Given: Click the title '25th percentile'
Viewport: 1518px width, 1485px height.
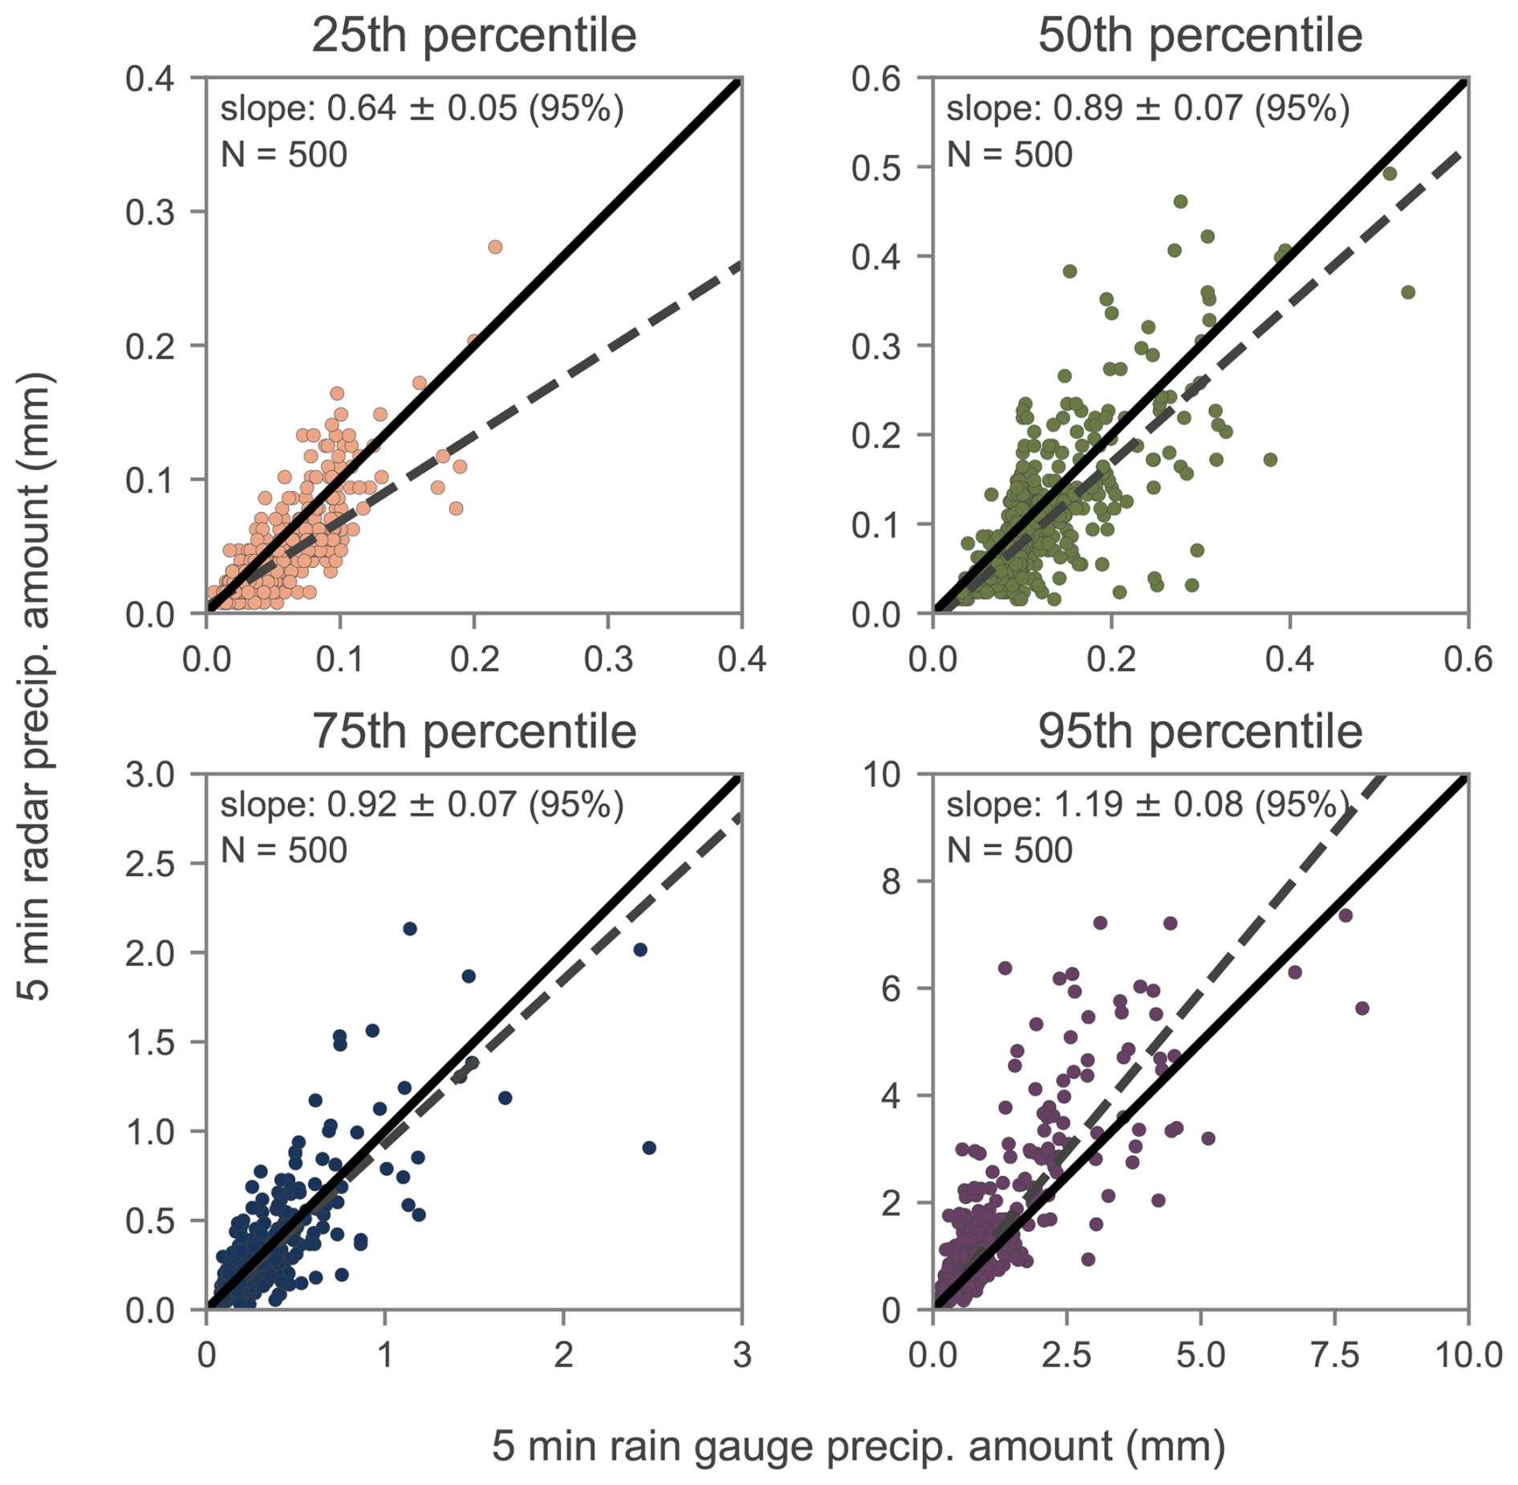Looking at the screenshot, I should pyautogui.click(x=473, y=35).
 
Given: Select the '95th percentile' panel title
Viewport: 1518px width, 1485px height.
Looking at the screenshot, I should pyautogui.click(x=1199, y=731).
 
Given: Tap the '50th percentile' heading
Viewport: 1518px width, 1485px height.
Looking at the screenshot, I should pyautogui.click(x=1199, y=35).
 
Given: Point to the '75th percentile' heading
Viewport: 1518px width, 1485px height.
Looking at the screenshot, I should pyautogui.click(x=473, y=731).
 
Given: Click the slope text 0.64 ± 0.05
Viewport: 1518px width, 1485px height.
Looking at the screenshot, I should pyautogui.click(x=421, y=108).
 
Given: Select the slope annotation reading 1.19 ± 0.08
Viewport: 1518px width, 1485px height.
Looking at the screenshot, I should pyautogui.click(x=1147, y=804).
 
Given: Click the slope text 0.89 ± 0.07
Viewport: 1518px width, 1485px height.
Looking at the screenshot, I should pyautogui.click(x=1147, y=108).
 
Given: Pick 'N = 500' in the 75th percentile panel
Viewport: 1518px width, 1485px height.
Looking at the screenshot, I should pyautogui.click(x=284, y=850).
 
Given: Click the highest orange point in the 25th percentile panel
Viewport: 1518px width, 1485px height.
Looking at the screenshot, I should pyautogui.click(x=495, y=247).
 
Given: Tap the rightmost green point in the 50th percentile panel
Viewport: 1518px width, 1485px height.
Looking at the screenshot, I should pyautogui.click(x=1407, y=293).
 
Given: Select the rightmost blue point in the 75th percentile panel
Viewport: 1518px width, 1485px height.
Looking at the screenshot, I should pyautogui.click(x=649, y=1148).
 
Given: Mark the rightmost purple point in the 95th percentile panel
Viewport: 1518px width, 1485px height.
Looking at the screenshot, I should pyautogui.click(x=1362, y=1008).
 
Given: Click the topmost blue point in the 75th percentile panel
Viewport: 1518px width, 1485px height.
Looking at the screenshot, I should pyautogui.click(x=410, y=929).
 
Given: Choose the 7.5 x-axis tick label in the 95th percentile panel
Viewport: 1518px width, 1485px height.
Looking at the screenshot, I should pyautogui.click(x=1334, y=1355).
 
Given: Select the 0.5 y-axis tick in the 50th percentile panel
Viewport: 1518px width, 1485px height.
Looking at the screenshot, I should pyautogui.click(x=876, y=168).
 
